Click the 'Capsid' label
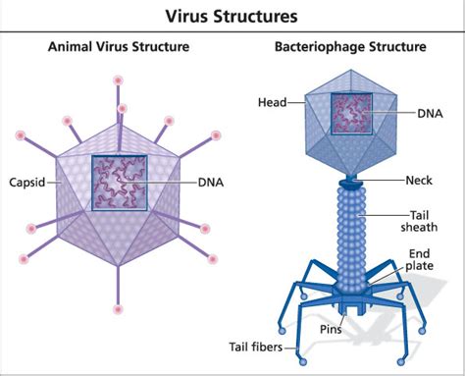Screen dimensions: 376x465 29,183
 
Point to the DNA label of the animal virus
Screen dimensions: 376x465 211,183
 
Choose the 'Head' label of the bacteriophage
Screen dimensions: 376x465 272,101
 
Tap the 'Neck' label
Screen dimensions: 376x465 420,181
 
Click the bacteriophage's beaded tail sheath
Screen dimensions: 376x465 350,236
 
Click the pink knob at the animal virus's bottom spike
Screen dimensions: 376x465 120,310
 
